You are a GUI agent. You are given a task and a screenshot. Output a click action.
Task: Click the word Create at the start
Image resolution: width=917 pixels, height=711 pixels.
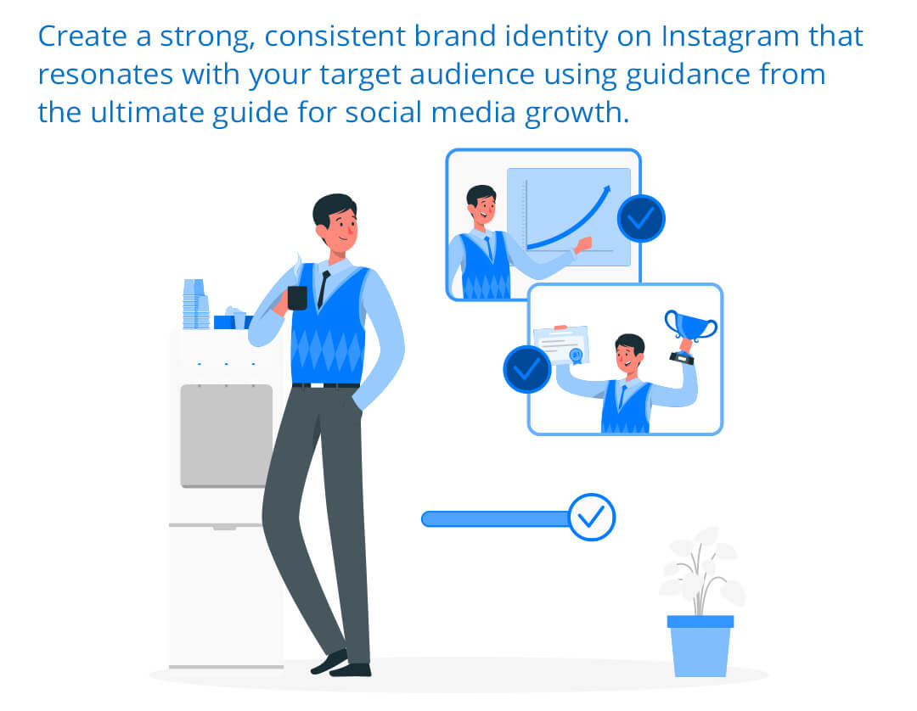pos(82,36)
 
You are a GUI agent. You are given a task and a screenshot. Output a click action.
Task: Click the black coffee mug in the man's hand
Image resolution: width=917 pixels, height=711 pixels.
pos(297,298)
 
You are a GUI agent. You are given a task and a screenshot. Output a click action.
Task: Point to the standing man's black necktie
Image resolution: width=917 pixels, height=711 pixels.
pos(323,289)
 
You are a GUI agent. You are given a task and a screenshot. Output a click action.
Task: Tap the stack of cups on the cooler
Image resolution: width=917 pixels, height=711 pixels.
pos(196,304)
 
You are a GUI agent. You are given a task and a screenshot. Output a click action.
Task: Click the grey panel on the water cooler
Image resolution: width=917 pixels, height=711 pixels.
pos(227,435)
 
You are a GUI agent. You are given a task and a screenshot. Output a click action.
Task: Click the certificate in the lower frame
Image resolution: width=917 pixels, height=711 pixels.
pos(562,345)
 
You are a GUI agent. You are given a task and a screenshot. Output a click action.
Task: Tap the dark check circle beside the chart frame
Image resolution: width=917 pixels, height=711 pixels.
pos(641,219)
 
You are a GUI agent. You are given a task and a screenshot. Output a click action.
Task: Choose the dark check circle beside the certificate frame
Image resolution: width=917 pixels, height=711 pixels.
pos(527,369)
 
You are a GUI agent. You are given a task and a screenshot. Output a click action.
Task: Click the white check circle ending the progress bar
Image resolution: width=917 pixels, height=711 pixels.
pos(591,517)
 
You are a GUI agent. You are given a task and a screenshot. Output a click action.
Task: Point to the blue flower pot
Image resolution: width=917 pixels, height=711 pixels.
pos(700,647)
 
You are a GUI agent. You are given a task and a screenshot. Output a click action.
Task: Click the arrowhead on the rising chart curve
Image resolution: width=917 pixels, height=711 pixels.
pos(606,190)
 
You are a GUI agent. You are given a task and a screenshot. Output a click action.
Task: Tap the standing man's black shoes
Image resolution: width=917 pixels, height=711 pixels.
pos(341,664)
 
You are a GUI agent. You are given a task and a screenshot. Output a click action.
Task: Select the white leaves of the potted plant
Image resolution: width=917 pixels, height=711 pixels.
pos(702,569)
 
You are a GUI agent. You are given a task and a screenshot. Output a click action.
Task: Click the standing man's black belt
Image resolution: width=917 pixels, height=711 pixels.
pos(326,385)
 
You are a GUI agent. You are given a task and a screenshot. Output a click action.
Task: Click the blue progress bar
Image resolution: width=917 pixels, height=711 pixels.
pos(496,518)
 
